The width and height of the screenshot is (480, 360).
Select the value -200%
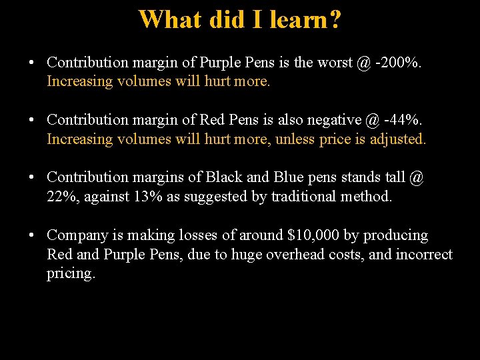coord(398,63)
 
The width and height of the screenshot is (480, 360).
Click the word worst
coord(335,63)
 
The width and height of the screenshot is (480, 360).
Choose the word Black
coord(225,177)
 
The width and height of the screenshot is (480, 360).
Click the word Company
coord(75,235)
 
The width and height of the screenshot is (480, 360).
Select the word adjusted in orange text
coord(398,139)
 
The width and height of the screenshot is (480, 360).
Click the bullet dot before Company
coord(31,235)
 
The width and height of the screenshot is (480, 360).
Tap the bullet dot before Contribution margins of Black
coord(31,177)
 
